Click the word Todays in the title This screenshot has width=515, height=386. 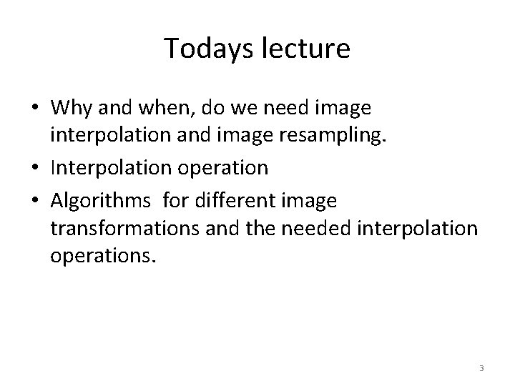tap(200, 48)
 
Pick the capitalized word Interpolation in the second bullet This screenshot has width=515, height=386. tap(104, 168)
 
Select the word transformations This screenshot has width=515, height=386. tap(126, 228)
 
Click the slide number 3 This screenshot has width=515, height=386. tap(481, 368)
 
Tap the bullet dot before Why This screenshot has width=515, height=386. tap(36, 109)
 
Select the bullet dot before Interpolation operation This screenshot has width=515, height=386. tap(36, 169)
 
